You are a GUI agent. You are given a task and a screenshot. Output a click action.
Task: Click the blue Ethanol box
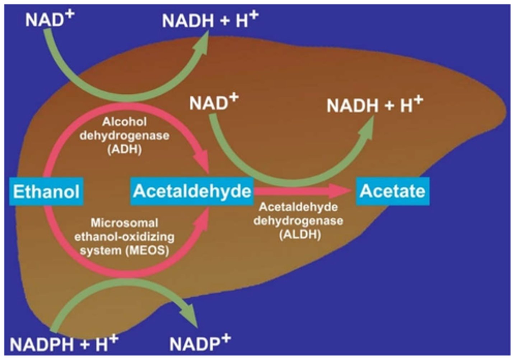click(46, 191)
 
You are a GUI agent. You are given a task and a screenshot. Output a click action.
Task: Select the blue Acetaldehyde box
click(192, 191)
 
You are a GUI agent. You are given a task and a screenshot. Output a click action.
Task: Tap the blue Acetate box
click(392, 191)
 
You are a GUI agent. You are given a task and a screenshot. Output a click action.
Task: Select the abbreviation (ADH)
click(125, 149)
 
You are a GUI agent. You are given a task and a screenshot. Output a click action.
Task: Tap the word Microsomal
click(124, 223)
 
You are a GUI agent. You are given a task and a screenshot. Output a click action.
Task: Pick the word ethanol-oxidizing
click(124, 237)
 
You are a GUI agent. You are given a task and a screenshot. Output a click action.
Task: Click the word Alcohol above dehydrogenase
click(124, 122)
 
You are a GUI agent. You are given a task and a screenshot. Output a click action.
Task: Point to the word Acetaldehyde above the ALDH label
click(298, 207)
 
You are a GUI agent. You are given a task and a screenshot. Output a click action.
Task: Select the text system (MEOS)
click(124, 250)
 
